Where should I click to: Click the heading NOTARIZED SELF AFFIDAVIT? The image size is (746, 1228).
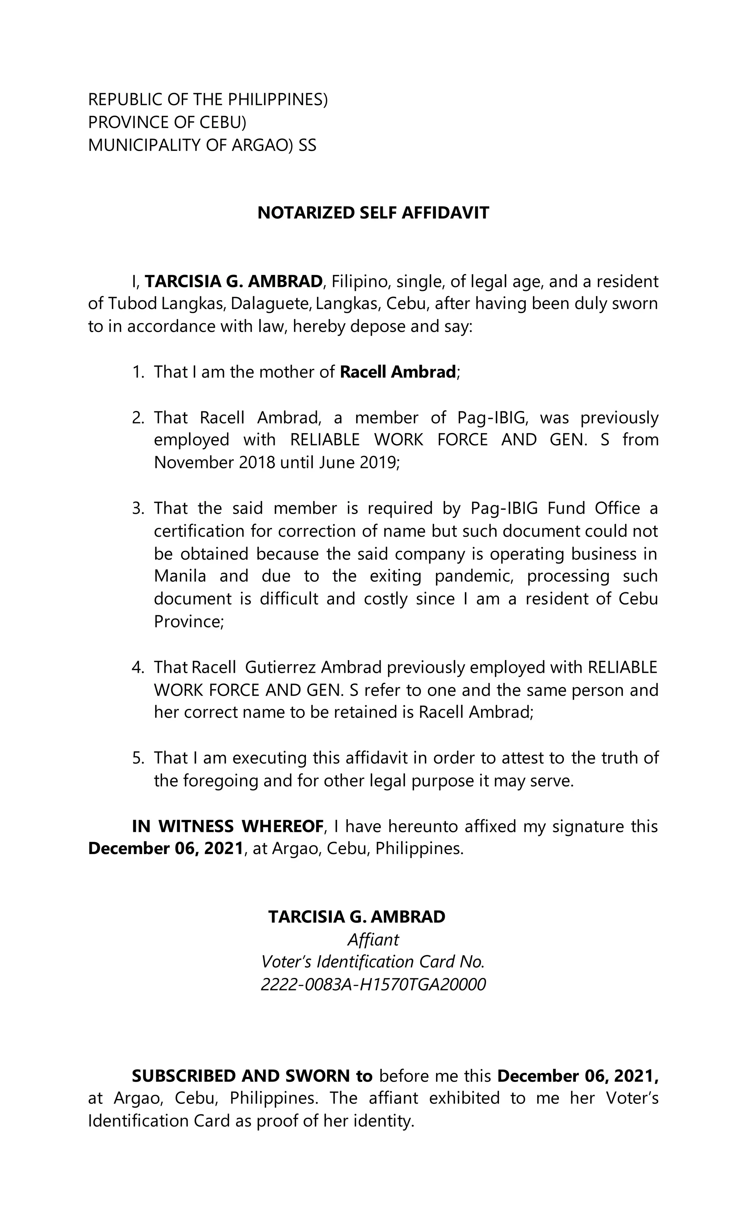coord(373,213)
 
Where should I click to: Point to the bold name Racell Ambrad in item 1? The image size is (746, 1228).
coord(397,372)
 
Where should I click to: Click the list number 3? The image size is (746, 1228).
coord(138,508)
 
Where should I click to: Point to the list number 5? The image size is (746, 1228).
coord(138,758)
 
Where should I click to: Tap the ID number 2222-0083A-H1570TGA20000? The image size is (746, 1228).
coord(373,985)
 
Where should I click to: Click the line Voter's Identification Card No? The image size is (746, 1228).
coord(373,962)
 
